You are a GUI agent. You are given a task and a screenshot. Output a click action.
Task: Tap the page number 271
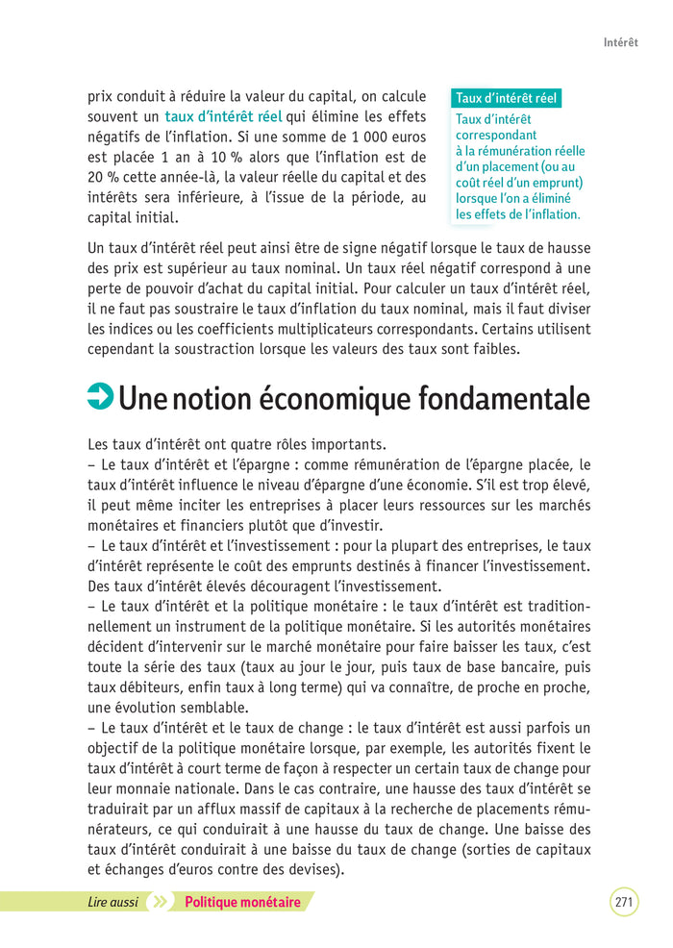tap(623, 902)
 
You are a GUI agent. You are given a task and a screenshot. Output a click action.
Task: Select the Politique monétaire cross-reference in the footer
tap(242, 902)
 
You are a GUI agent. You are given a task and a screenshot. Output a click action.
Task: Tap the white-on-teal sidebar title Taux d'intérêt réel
tap(506, 98)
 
